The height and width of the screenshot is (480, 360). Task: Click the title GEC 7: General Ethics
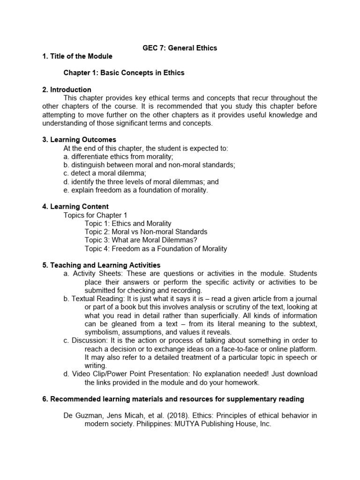click(180, 48)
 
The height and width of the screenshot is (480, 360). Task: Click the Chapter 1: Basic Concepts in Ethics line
click(124, 73)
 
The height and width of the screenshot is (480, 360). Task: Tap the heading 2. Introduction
click(67, 90)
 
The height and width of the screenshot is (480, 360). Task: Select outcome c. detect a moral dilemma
click(98, 173)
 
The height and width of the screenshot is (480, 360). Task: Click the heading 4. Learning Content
click(75, 207)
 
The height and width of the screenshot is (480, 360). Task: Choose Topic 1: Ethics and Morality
click(128, 224)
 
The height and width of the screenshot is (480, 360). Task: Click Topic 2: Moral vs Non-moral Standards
click(146, 232)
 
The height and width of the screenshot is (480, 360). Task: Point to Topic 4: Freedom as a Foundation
click(156, 249)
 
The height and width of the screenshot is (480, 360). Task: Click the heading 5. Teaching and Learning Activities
click(101, 265)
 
